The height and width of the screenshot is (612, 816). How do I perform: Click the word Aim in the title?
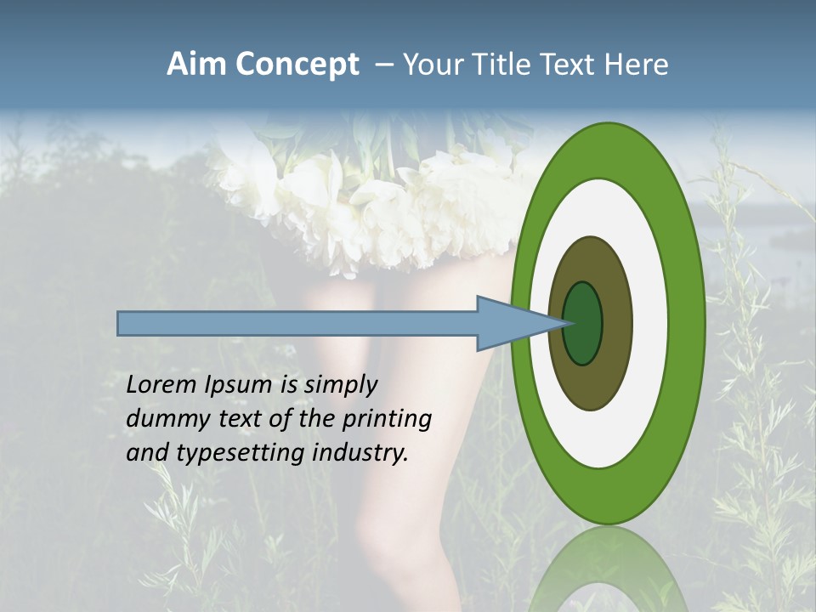[196, 65]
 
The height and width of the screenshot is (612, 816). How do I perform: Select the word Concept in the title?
[297, 65]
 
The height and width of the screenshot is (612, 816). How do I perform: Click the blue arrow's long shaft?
[297, 323]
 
